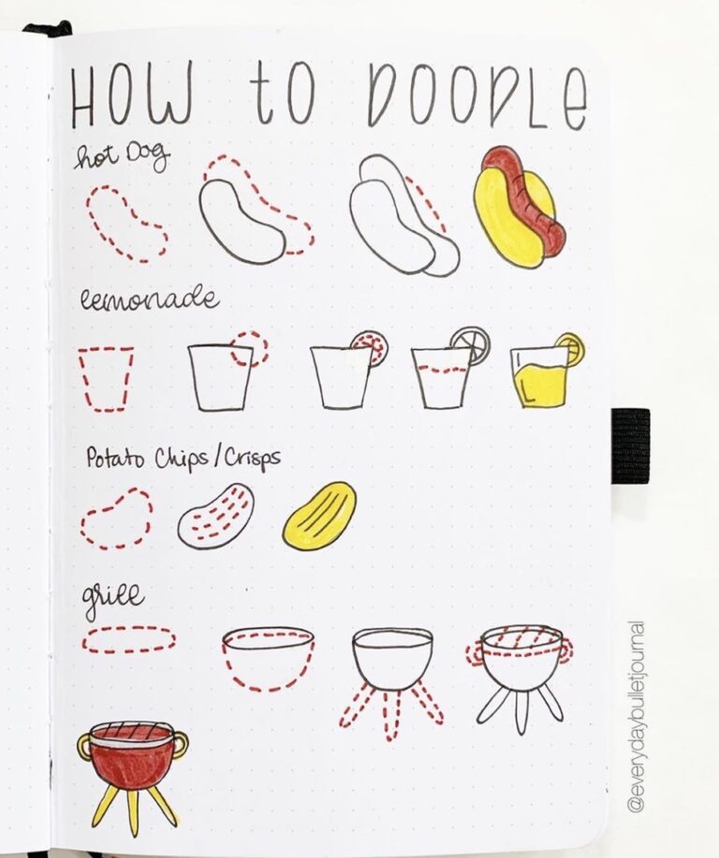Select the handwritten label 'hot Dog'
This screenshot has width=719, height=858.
point(122,158)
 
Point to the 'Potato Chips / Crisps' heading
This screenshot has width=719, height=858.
point(183,458)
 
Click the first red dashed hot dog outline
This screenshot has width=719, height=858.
point(125,223)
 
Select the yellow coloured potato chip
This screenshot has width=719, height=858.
point(320,516)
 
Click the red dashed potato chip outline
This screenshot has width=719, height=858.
point(116,518)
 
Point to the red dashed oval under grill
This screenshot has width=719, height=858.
point(128,639)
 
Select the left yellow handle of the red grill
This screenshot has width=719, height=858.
point(85,745)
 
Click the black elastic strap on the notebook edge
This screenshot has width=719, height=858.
point(630,445)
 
